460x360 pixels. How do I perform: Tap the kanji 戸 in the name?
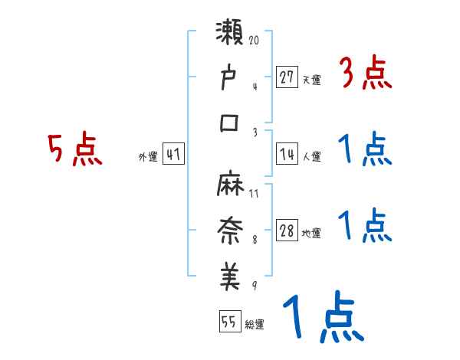pos(230,80)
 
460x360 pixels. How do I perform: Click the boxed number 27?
pos(287,77)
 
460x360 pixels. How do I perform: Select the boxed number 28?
pos(287,232)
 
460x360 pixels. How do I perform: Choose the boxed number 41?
pos(174,155)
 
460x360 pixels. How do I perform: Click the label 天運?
pos(311,80)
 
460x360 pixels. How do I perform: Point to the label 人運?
pos(311,156)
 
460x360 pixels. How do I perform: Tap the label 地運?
pos(311,234)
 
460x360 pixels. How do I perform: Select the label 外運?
pos(147,157)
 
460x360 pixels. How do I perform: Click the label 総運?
pos(254,324)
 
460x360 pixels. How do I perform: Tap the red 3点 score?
pos(366,74)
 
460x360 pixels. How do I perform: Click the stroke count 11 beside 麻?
pos(254,193)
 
